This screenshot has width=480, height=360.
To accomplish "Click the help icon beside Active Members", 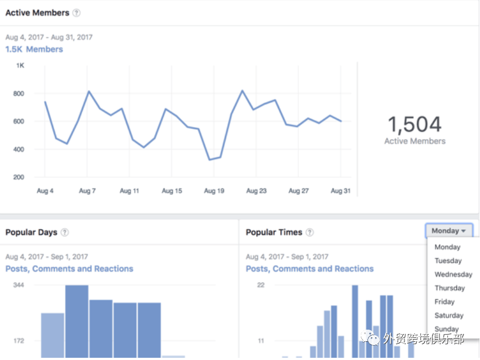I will [x=76, y=13].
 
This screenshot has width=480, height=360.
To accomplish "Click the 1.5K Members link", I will [x=34, y=49].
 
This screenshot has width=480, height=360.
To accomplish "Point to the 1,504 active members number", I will [x=414, y=125].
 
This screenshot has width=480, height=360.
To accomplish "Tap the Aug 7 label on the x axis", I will [x=87, y=191].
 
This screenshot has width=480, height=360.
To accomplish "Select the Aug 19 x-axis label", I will [x=214, y=191].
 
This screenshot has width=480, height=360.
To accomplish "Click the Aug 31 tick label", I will [x=340, y=191].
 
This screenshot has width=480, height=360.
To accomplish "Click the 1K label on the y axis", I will [x=20, y=66].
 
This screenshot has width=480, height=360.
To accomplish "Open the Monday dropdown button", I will [x=449, y=231].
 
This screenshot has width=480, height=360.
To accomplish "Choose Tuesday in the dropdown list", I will [x=448, y=261].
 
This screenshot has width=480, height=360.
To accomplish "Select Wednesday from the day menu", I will [x=453, y=274].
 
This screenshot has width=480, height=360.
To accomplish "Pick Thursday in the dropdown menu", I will [x=450, y=288].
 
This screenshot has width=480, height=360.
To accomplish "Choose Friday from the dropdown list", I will [x=444, y=302].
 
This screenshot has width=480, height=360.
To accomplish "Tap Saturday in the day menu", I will [x=449, y=316].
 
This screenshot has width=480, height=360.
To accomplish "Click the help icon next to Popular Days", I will [x=65, y=232].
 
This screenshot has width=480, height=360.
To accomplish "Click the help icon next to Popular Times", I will [x=310, y=232].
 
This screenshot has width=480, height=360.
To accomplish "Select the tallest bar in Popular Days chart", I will [x=77, y=320].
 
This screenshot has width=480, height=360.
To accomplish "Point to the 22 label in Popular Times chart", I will [x=261, y=285].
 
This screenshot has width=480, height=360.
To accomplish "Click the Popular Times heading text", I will [x=274, y=232].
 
